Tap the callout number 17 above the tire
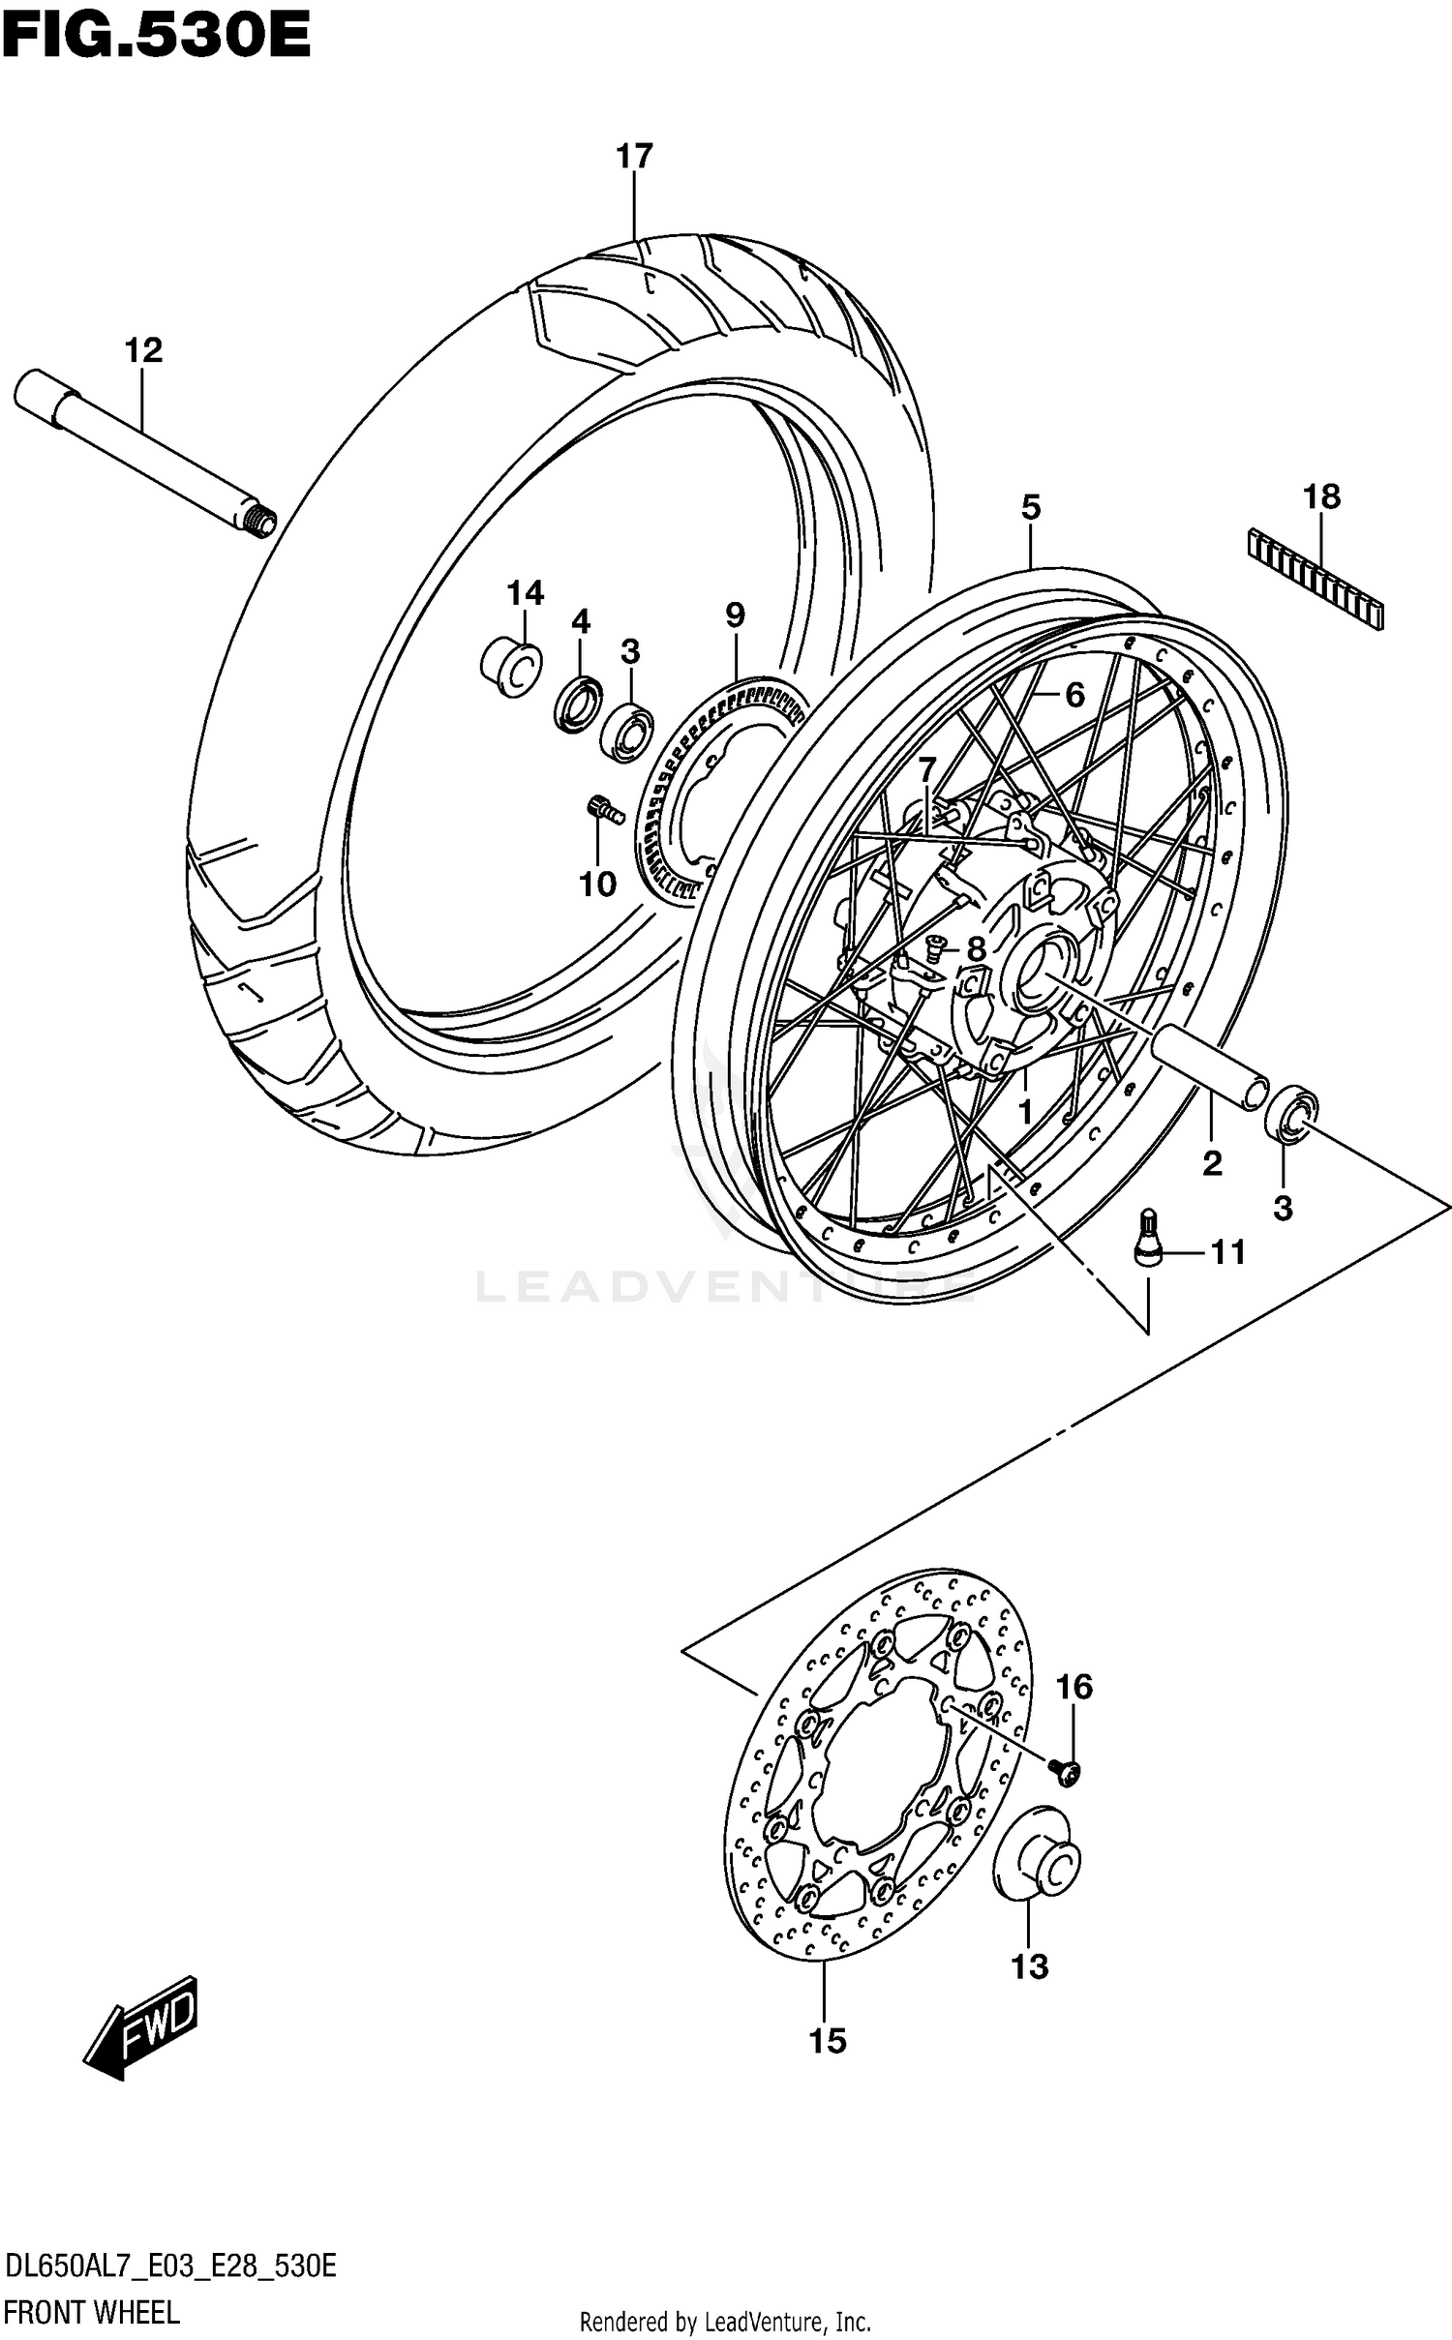pos(635,156)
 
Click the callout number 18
pos(1321,497)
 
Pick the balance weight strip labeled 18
pos(1316,579)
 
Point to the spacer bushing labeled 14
pos(511,667)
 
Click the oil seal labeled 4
pos(579,705)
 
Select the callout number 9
pos(735,615)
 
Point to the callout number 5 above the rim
pos(1031,506)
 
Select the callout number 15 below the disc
pos(828,2041)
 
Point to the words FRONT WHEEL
pos(93,2313)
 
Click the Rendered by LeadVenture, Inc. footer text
pos(725,2322)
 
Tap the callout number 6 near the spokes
pos(1074,694)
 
